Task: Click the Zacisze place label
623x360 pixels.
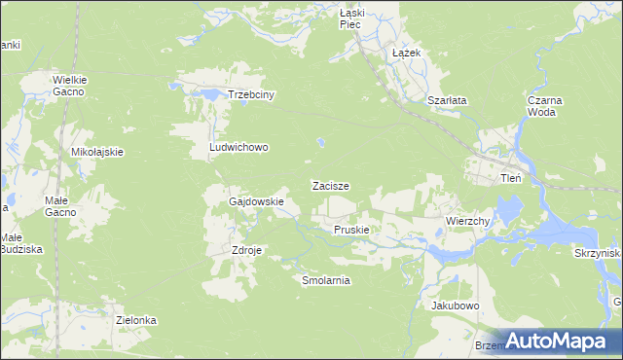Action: (x=330, y=185)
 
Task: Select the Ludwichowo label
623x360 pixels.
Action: (x=238, y=148)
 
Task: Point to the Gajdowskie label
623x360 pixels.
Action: (x=256, y=202)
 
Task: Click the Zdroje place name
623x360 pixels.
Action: (x=247, y=249)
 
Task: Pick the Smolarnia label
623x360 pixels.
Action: (x=326, y=280)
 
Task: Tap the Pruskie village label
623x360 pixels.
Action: (x=350, y=230)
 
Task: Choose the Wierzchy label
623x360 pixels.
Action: (x=467, y=221)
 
